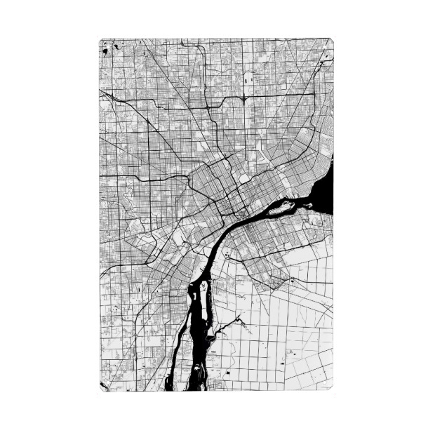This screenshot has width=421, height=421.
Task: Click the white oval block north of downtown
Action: point(244,178)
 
